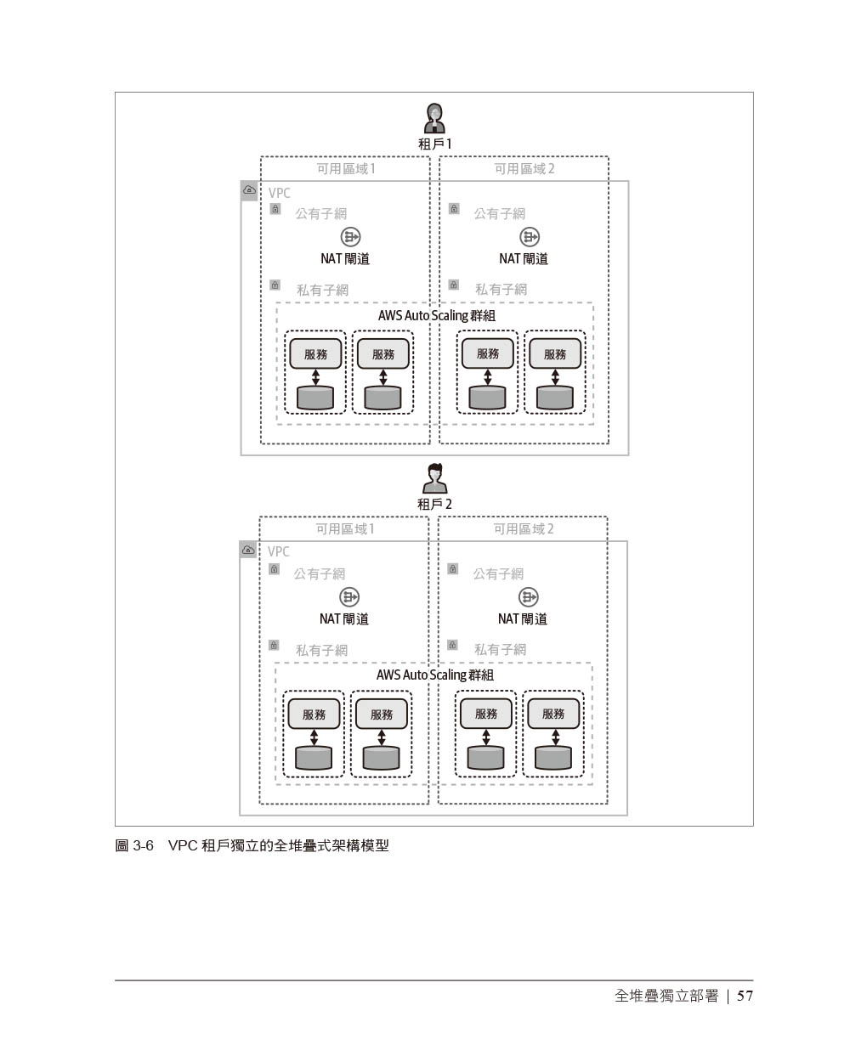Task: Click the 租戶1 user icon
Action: point(435,117)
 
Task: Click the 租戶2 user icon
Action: point(435,477)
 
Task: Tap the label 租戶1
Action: point(435,144)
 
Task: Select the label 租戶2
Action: point(434,504)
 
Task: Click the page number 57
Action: point(745,996)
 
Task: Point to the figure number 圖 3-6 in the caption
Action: point(134,846)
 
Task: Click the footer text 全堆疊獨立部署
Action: point(666,996)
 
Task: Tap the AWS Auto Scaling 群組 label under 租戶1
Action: point(436,315)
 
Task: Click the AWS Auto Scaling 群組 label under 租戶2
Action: point(434,675)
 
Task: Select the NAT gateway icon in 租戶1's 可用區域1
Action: point(350,237)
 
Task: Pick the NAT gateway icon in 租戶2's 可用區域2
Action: point(529,597)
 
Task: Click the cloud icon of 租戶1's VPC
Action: point(249,191)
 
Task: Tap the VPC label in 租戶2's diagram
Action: point(279,551)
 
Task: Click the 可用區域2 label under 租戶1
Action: point(524,169)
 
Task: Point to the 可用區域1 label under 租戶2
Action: point(345,528)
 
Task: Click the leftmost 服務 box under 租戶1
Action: point(315,354)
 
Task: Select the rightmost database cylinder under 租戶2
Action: point(553,757)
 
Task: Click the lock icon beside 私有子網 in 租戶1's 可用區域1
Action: point(275,285)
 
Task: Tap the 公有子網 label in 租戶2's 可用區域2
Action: point(498,573)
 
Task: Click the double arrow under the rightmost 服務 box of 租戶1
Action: point(555,376)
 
